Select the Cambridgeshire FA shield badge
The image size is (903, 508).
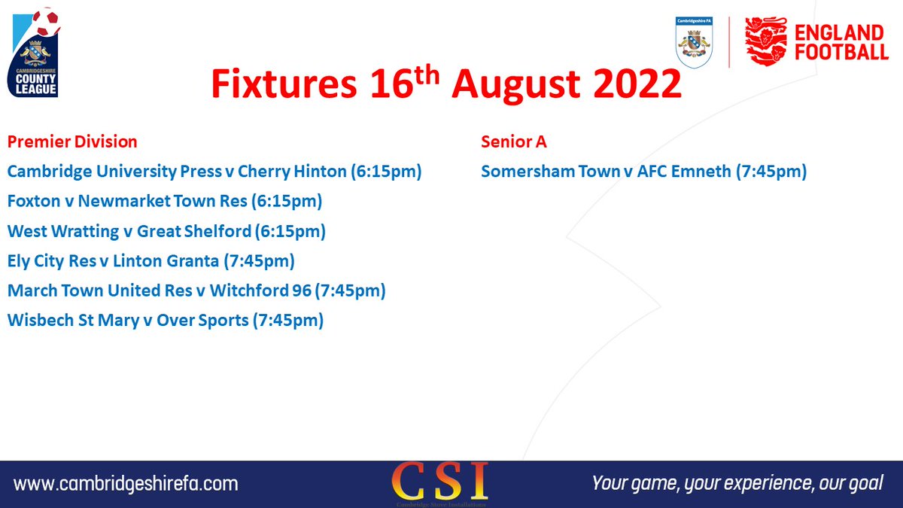[x=695, y=43]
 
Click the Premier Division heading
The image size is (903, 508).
[x=72, y=141]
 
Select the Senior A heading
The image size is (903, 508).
[x=514, y=141]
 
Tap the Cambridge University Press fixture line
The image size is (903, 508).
[x=214, y=172]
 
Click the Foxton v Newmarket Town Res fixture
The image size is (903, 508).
[x=165, y=202]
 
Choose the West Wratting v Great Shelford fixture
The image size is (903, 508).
[x=166, y=231]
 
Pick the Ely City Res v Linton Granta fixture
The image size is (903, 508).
[x=150, y=261]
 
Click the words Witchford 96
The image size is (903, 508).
[x=260, y=291]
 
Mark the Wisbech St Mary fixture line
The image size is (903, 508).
[x=166, y=321]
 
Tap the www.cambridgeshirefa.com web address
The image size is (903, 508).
[x=126, y=483]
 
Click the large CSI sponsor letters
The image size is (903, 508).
[x=440, y=479]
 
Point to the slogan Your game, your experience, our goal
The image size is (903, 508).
[x=738, y=483]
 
